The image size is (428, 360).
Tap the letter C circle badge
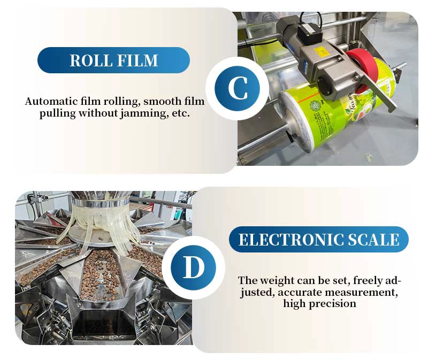(x=237, y=88)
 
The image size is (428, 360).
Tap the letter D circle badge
(x=193, y=267)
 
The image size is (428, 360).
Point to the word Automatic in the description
(x=51, y=101)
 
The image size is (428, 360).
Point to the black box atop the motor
(x=309, y=34)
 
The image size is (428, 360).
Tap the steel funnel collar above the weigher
(x=100, y=203)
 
